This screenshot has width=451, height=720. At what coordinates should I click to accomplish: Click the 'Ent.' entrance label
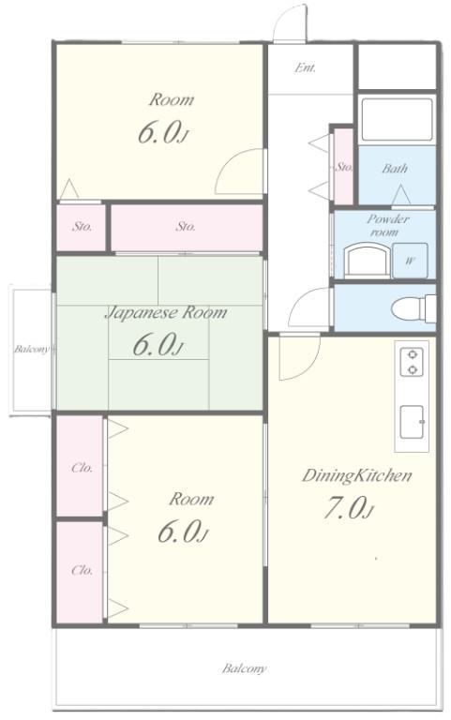(305, 67)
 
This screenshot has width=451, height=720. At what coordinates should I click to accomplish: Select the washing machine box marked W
(410, 261)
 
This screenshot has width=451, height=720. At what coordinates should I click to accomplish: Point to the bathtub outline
(397, 119)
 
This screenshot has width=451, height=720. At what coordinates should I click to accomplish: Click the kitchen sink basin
(412, 422)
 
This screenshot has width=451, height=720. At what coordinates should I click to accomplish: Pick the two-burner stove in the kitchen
(412, 362)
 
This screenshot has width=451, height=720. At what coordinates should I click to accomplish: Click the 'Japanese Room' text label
(166, 313)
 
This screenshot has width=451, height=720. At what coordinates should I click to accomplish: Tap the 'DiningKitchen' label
(356, 475)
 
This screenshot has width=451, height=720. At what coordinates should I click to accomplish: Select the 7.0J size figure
(349, 508)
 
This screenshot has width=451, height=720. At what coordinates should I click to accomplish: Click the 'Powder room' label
(387, 225)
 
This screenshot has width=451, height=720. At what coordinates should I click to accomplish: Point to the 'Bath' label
(395, 169)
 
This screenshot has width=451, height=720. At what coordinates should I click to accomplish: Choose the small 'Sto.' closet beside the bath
(343, 167)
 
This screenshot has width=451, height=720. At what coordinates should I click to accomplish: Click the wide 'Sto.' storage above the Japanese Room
(187, 228)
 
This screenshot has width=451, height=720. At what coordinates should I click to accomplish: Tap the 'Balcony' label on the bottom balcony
(244, 668)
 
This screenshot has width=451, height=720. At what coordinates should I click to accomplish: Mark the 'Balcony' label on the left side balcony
(31, 349)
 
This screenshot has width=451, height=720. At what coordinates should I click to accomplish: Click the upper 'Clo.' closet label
(83, 468)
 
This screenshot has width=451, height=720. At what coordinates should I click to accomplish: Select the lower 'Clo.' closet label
(83, 570)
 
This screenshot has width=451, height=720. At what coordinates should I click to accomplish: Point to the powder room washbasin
(367, 261)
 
